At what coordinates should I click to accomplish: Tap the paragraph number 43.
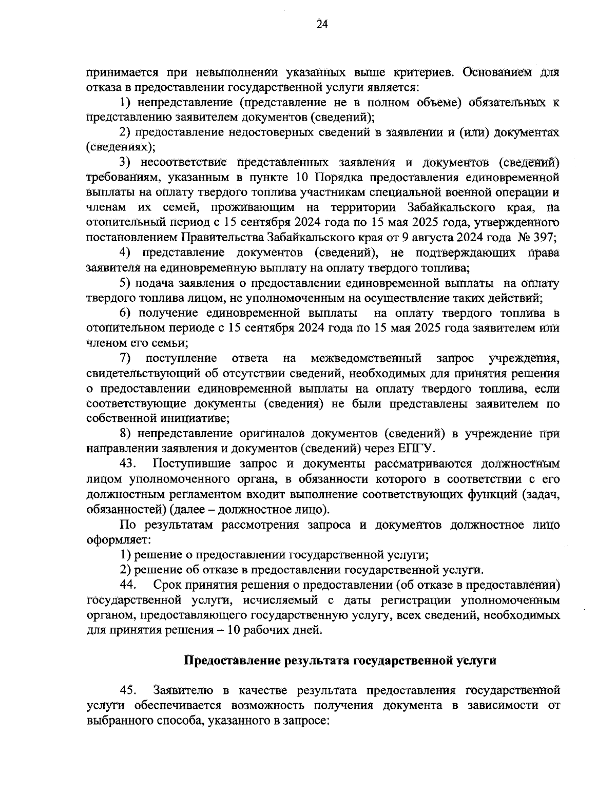click(127, 464)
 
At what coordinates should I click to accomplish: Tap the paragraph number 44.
click(127, 585)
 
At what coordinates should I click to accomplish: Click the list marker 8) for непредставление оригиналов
click(126, 434)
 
